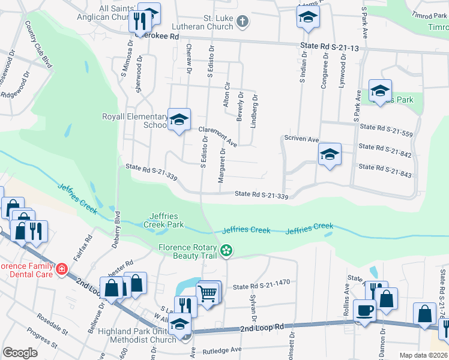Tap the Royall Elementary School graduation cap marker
179,119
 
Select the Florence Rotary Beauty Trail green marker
226,250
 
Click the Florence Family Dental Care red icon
61,269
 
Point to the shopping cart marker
208,293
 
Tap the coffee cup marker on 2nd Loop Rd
364,310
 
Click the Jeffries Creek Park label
163,220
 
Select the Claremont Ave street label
217,136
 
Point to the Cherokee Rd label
158,36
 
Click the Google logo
20,353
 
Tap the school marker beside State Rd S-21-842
329,154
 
